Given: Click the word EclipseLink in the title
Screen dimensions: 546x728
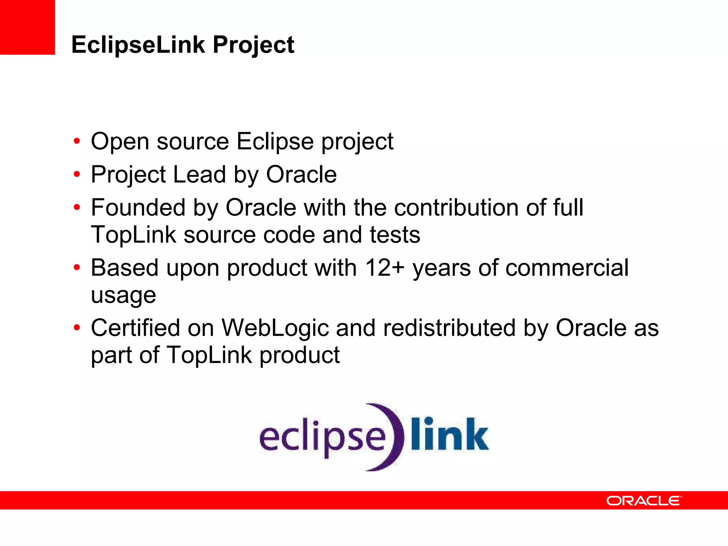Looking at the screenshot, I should click(x=138, y=45).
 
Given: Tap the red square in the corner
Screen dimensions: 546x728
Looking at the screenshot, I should click(x=27, y=27).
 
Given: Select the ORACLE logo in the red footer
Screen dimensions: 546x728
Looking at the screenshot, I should click(x=644, y=500).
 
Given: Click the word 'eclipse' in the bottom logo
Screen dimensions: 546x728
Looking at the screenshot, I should click(x=322, y=437).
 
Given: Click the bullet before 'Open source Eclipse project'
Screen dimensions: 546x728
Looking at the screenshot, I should click(x=77, y=141).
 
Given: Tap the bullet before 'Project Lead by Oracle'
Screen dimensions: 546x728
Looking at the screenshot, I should click(x=77, y=175).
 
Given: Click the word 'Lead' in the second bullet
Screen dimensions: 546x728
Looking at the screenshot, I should click(x=199, y=175).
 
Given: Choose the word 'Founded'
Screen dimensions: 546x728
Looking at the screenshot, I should click(x=138, y=208).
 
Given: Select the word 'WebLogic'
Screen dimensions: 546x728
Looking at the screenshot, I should click(x=275, y=328).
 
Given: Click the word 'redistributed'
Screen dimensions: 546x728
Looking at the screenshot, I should click(x=449, y=328).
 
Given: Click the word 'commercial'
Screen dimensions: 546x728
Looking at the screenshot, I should click(x=567, y=268).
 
